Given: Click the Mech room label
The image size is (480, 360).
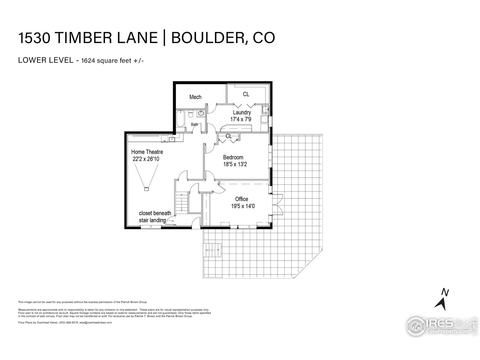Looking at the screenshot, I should click(x=195, y=97).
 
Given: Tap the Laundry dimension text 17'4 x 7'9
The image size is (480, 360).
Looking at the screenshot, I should click(x=241, y=119).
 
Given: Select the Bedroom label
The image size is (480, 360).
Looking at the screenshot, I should click(x=233, y=157).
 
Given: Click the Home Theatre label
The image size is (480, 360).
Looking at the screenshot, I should click(x=147, y=152).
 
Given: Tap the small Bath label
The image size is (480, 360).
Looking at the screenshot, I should click(x=194, y=124).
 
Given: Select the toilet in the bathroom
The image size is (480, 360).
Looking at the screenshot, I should click(x=190, y=114).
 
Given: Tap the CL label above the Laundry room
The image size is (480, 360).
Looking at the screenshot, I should click(x=246, y=94).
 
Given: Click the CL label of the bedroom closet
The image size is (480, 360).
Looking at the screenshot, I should click(x=229, y=136).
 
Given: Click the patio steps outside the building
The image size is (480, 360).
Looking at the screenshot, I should click(x=213, y=250).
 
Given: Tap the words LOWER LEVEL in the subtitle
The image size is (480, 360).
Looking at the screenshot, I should click(x=45, y=60).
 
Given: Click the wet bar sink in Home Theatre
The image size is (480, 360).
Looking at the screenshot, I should click(x=172, y=139).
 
